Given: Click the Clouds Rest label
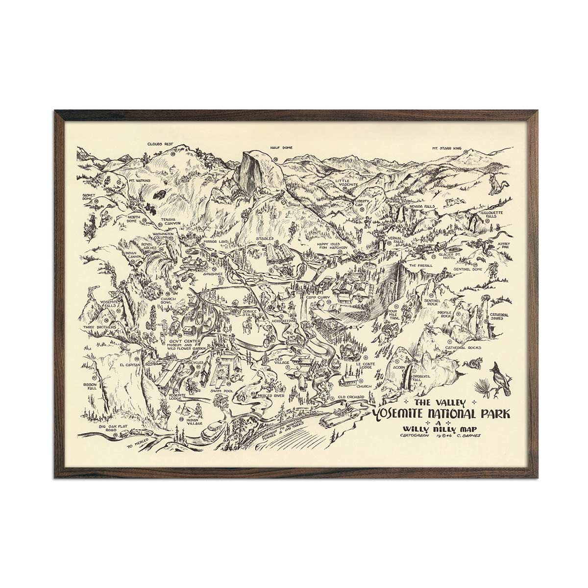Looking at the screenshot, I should pyautogui.click(x=161, y=144).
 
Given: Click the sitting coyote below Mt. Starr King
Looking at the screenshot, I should pyautogui.click(x=494, y=186).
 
